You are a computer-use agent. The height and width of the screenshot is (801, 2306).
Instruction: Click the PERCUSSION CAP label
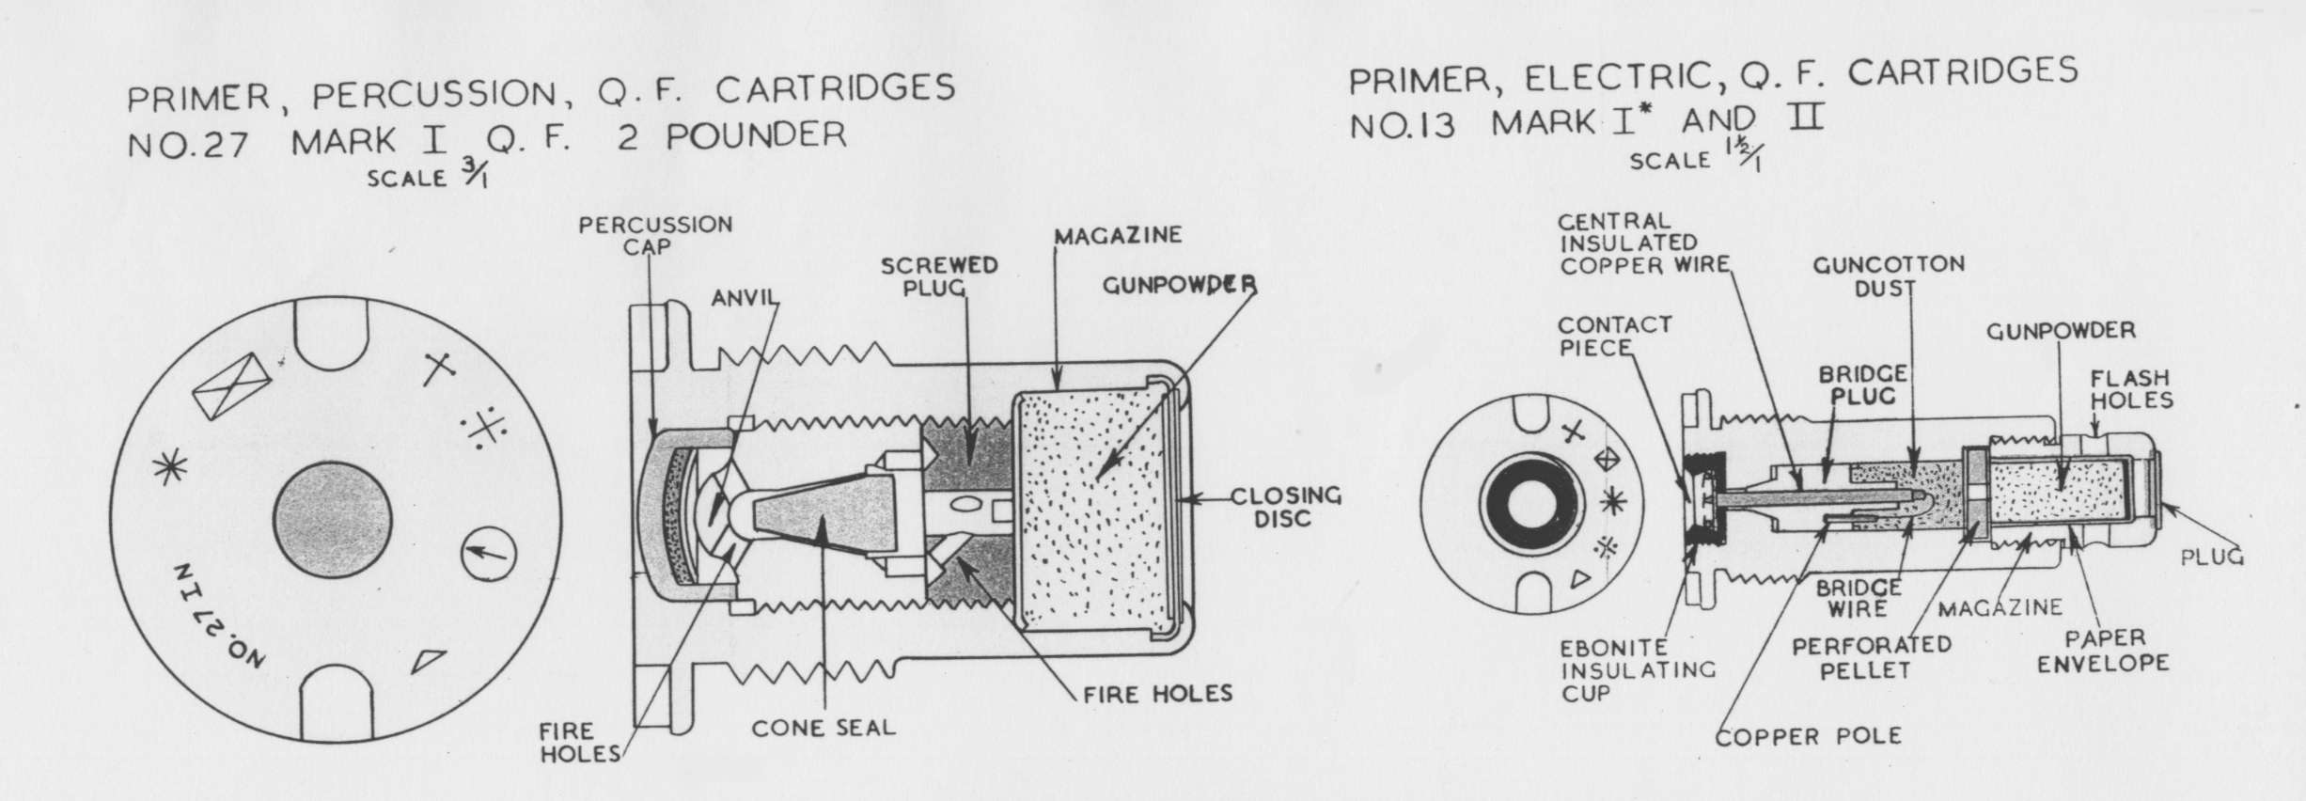[654, 235]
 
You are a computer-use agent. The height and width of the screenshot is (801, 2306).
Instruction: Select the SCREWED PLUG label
[925, 276]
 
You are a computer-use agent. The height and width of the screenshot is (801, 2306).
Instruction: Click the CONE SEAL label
[823, 728]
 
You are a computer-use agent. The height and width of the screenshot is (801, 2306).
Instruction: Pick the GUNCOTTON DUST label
[1888, 276]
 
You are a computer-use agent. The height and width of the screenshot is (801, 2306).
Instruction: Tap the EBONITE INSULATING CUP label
[1638, 671]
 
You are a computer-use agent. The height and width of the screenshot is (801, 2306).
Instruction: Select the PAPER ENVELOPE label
[2115, 651]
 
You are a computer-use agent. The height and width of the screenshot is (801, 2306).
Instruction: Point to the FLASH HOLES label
[2131, 389]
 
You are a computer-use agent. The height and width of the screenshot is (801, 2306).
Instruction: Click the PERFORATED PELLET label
[1871, 658]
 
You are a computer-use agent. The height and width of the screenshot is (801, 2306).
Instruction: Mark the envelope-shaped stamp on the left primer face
[231, 386]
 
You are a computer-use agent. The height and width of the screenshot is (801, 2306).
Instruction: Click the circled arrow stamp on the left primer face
[489, 556]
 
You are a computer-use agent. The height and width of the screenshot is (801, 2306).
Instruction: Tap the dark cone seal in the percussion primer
[813, 522]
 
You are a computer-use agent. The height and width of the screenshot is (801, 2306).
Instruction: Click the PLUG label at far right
[2210, 557]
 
